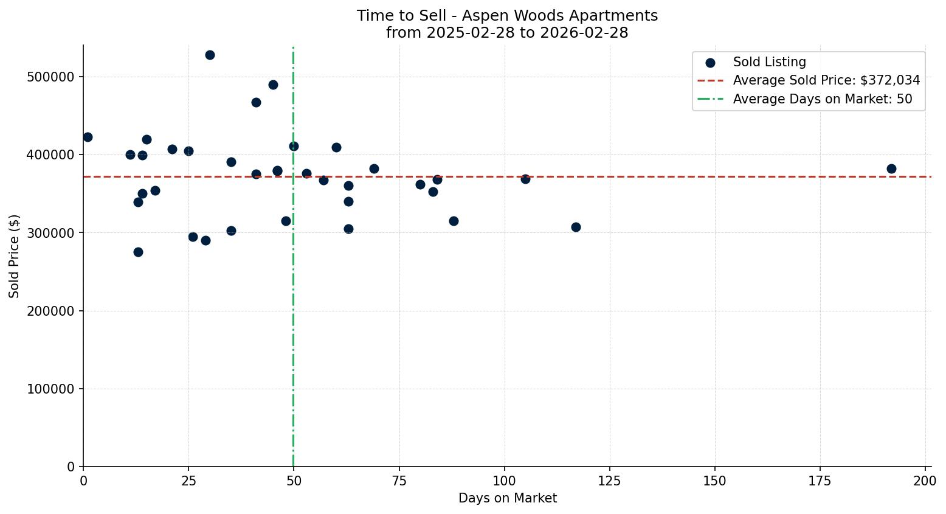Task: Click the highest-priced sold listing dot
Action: (210, 55)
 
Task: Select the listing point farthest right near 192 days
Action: (891, 168)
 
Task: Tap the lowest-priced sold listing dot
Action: (138, 252)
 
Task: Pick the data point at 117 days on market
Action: (576, 227)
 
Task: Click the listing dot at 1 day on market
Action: (88, 137)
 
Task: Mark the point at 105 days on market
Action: (525, 179)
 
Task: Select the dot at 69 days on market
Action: (374, 168)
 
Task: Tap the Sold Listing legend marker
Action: (710, 62)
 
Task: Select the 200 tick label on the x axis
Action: (925, 481)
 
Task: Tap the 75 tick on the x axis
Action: (399, 481)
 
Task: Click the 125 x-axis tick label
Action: (609, 481)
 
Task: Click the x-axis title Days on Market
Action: (508, 498)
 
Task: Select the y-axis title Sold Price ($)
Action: (14, 256)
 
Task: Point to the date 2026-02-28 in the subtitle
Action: (589, 33)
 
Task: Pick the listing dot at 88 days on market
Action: (454, 221)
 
